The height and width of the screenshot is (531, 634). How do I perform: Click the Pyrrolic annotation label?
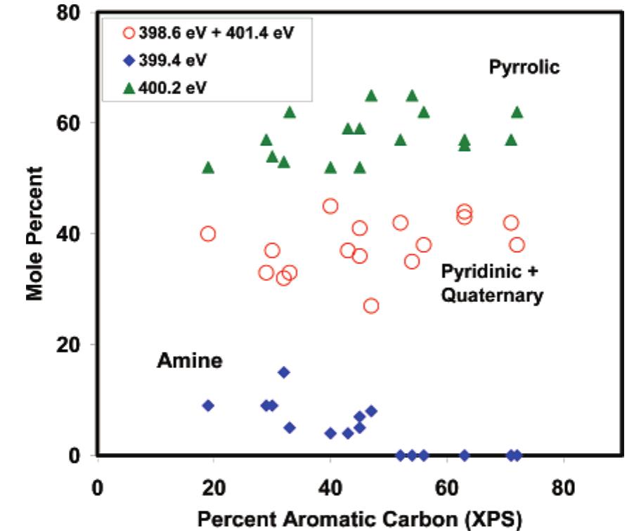(x=524, y=67)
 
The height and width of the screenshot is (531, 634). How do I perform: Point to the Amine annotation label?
(x=189, y=361)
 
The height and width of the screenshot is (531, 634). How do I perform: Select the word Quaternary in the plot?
(x=492, y=296)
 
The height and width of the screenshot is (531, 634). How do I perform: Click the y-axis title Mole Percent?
(x=35, y=233)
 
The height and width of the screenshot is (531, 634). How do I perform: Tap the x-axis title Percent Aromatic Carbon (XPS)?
(x=360, y=518)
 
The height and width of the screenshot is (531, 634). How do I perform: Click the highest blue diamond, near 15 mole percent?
(x=284, y=372)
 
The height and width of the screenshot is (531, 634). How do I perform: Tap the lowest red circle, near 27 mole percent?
(x=371, y=306)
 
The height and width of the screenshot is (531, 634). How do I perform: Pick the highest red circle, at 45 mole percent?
(x=330, y=206)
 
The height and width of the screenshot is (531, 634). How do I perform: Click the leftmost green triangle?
(x=208, y=167)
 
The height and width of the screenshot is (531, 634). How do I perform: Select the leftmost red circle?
(x=208, y=234)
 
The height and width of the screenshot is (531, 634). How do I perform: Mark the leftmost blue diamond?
(x=208, y=405)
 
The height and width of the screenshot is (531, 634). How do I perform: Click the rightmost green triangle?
(x=517, y=112)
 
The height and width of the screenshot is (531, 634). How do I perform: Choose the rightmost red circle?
(x=517, y=245)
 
